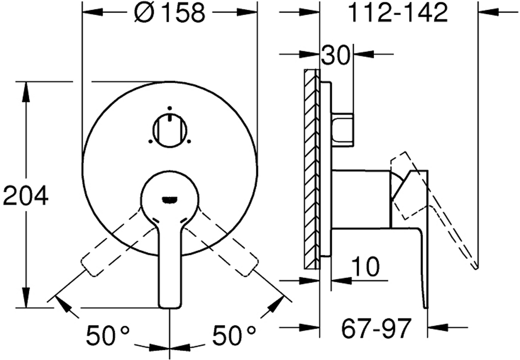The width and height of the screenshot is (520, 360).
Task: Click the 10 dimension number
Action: [366, 266]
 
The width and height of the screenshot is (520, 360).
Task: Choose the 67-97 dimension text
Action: [376, 328]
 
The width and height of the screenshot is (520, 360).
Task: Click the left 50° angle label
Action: [108, 335]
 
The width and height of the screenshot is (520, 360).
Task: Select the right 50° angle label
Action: [234, 335]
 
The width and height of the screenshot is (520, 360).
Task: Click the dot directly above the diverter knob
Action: [170, 108]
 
